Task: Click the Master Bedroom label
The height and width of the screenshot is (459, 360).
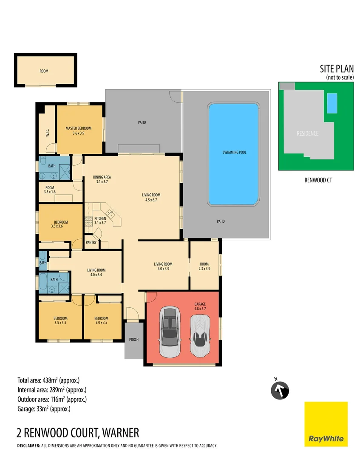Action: tap(79, 130)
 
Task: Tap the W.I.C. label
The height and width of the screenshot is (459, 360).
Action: tap(48, 133)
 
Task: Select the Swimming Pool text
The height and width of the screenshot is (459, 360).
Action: tap(234, 152)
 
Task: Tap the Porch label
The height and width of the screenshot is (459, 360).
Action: tap(133, 340)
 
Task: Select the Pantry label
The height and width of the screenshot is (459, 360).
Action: tap(91, 243)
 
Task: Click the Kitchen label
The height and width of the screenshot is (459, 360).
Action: tap(100, 221)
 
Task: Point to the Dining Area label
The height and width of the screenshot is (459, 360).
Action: tap(102, 179)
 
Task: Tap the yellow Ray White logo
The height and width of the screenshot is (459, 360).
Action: tap(326, 424)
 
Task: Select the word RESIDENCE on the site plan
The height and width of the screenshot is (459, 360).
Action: tap(307, 133)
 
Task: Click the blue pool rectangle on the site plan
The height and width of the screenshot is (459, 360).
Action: tap(332, 103)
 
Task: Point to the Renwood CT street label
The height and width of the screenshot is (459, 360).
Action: tap(318, 180)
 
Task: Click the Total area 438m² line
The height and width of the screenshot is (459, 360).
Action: tap(48, 380)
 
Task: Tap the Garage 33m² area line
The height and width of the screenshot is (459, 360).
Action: tap(43, 409)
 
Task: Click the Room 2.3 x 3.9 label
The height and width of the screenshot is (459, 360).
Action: tap(204, 266)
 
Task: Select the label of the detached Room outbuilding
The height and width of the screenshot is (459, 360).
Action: tap(44, 71)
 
